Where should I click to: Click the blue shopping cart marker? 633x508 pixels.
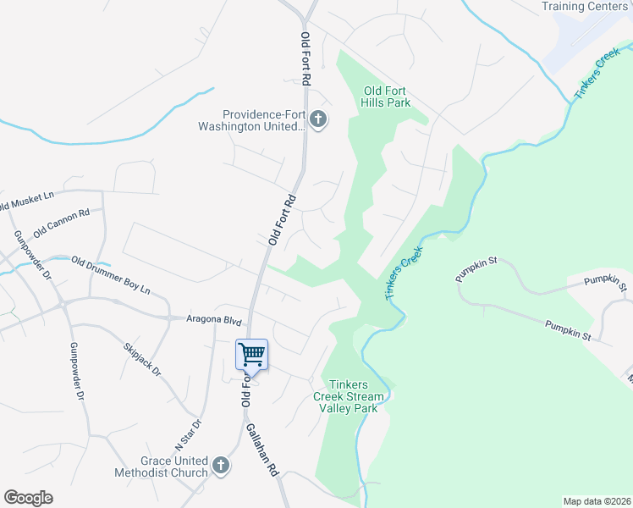click(251, 355)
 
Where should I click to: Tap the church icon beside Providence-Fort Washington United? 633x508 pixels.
click(318, 119)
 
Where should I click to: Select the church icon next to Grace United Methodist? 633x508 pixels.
click(221, 465)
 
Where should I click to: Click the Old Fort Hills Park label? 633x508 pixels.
click(387, 97)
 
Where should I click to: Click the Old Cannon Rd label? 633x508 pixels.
click(61, 223)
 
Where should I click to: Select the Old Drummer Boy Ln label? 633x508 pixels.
click(110, 275)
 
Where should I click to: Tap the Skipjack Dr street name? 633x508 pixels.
click(142, 360)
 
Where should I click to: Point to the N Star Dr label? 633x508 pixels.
click(189, 435)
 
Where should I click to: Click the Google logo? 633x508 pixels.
click(28, 498)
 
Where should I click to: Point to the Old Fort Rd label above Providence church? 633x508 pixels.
click(306, 58)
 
